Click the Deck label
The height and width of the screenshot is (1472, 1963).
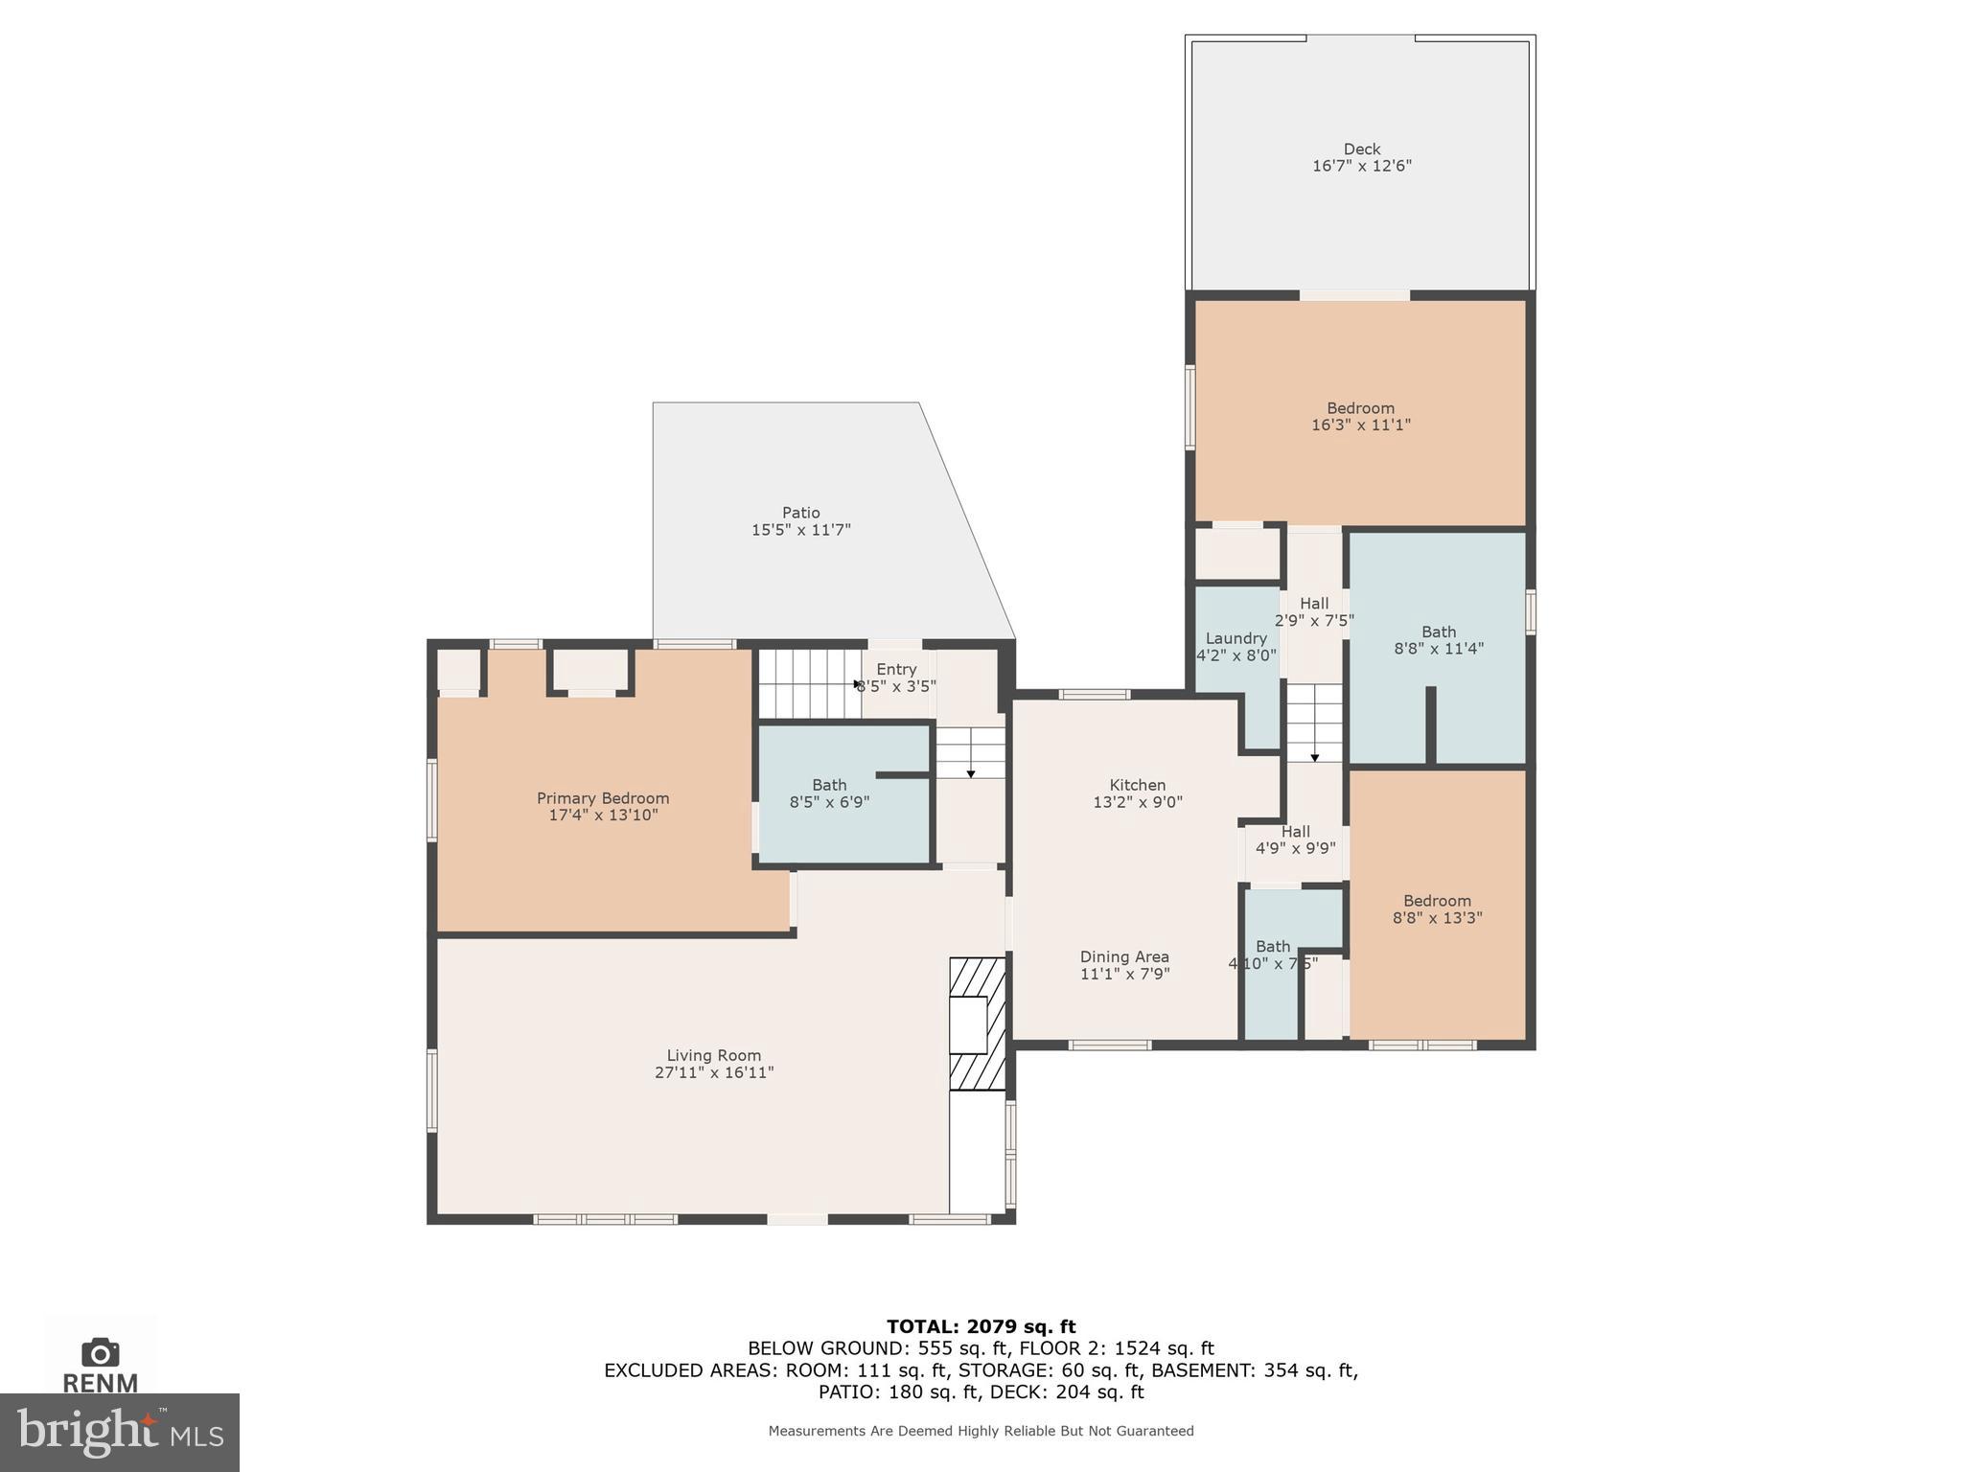coord(1361,149)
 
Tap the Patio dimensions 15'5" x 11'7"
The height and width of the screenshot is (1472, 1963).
coord(800,530)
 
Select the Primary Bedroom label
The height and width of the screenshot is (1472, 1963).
coord(602,798)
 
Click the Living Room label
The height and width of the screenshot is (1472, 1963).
coord(713,1055)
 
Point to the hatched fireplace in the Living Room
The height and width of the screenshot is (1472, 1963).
coord(977,1023)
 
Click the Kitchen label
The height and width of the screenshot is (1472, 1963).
coord(1137,785)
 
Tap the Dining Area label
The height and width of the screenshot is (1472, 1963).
coord(1123,956)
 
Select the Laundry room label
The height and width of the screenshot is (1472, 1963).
coord(1236,638)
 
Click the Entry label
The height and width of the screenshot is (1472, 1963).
coord(896,669)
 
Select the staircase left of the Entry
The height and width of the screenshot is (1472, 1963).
coord(808,683)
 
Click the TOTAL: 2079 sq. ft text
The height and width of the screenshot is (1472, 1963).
coord(981,1326)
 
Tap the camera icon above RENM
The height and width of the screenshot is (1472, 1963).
coord(100,1352)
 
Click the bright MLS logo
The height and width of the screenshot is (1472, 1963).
coord(119,1432)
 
